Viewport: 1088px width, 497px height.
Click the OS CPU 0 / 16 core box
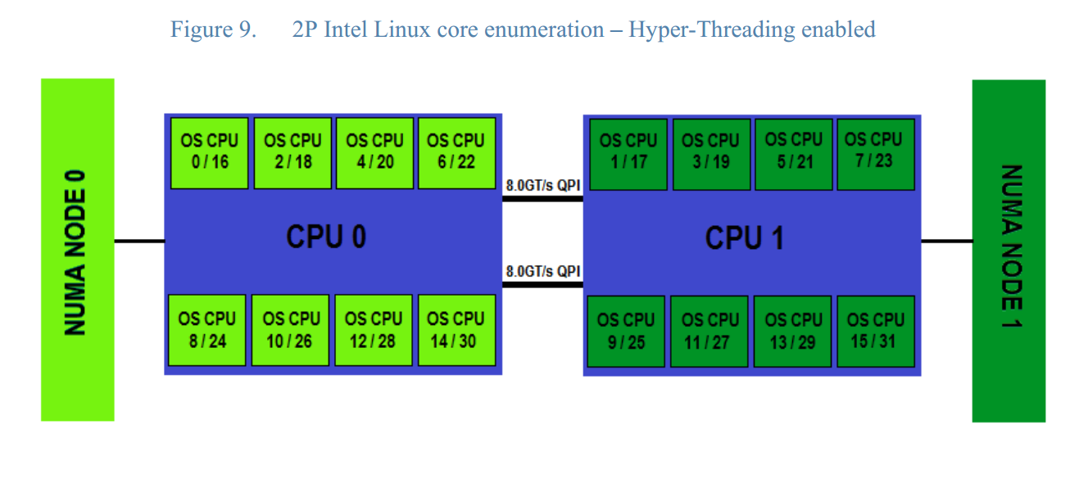point(209,153)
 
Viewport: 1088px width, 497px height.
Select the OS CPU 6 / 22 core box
point(456,153)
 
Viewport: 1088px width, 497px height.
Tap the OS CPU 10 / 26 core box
point(291,330)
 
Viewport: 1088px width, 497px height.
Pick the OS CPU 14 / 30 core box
point(456,330)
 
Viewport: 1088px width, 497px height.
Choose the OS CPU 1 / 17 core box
point(628,153)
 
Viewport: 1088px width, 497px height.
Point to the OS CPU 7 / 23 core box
point(873,151)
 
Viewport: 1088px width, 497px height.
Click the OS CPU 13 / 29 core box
point(792,331)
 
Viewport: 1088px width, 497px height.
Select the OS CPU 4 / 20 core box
point(374,153)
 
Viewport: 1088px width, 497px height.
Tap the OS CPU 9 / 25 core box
point(626,331)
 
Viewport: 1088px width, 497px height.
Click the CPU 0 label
point(326,237)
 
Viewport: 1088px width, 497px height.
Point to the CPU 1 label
point(744,238)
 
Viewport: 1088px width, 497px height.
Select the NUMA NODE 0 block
point(77,250)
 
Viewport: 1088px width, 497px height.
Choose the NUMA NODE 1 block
point(1009,251)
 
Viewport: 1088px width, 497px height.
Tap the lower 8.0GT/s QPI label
point(542,271)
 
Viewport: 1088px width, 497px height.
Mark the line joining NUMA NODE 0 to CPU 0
point(139,241)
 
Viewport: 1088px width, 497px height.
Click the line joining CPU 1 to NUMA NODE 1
point(946,241)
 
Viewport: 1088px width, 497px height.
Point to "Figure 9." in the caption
point(213,30)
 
